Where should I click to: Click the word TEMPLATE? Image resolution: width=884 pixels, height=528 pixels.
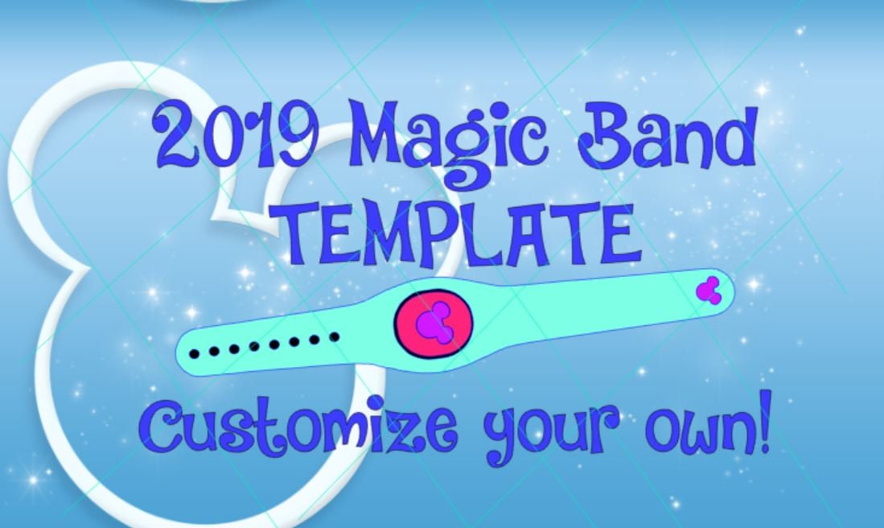coord(461,233)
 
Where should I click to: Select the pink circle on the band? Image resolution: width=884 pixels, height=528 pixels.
coord(434,321)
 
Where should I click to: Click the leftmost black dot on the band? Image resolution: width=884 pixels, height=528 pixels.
coord(195,353)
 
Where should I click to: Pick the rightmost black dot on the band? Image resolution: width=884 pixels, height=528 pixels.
coord(335,336)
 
